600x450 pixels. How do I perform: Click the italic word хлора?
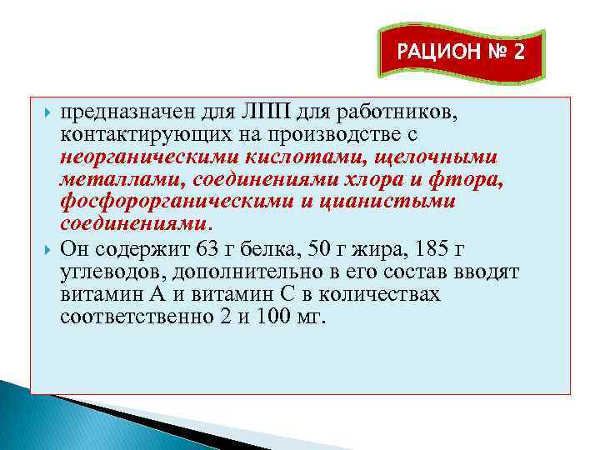(x=377, y=179)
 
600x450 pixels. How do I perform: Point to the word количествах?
(x=385, y=294)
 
